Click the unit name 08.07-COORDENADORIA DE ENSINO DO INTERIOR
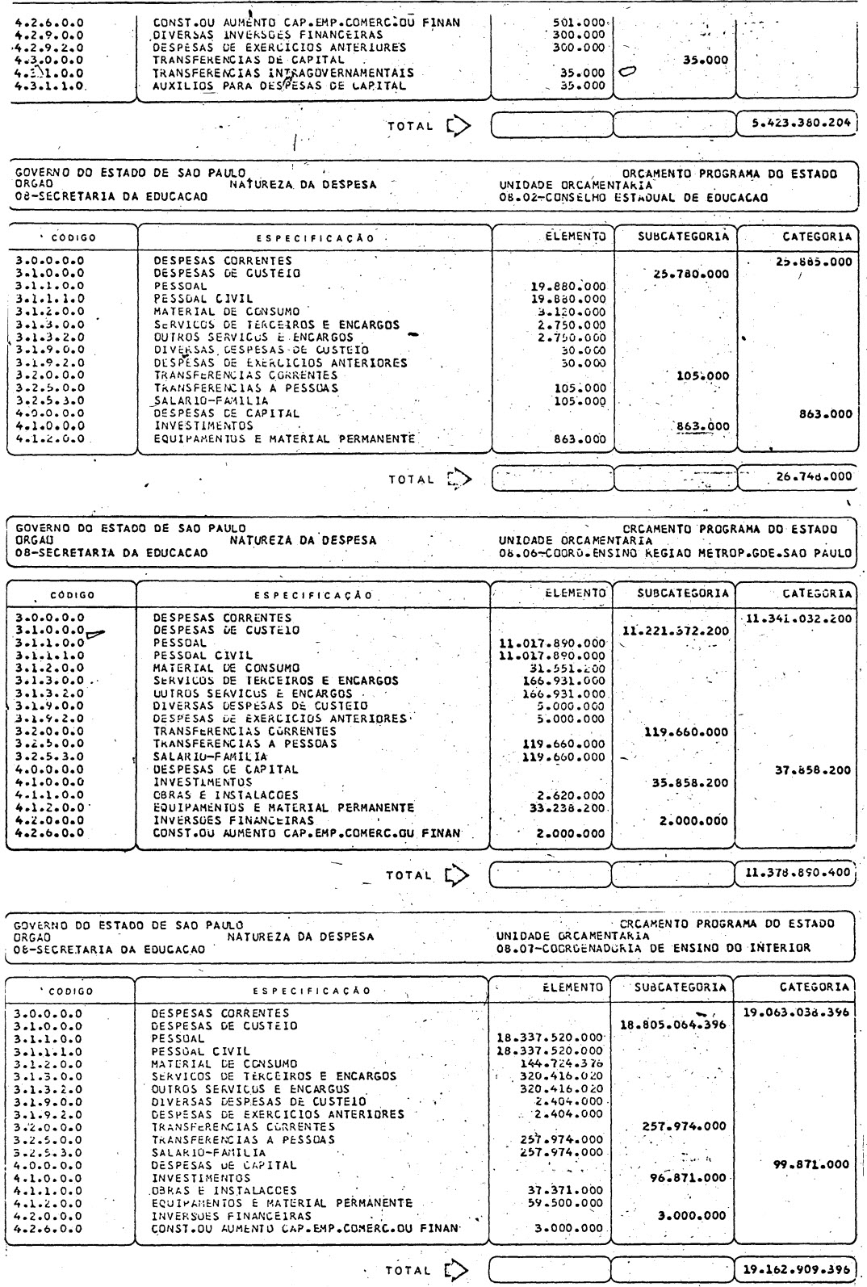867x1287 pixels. tap(653, 948)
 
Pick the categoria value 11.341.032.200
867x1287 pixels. tap(797, 618)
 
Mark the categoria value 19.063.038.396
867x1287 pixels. tap(795, 1012)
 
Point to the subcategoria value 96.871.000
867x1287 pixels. tap(688, 1177)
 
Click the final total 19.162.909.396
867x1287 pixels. tap(795, 1268)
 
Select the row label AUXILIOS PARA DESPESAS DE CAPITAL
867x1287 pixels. tap(279, 85)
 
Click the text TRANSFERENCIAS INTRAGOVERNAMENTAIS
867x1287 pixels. tap(283, 72)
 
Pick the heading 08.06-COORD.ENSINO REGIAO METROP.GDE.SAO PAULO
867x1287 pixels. tap(675, 554)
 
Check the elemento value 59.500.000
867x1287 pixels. tap(564, 1202)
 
